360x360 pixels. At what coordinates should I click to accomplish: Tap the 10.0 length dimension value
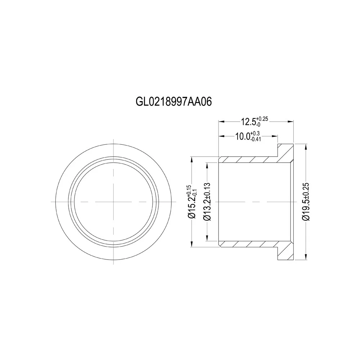pos(242,137)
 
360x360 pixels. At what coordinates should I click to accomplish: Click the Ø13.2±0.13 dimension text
pos(207,202)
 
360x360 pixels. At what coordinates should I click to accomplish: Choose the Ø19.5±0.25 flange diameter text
pos(306,202)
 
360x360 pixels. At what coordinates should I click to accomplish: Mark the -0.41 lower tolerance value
pos(256,140)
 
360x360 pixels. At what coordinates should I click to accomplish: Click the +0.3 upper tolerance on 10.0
pos(256,134)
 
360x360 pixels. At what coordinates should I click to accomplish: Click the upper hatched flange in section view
pos(285,151)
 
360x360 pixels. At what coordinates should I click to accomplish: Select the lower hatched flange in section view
pos(285,253)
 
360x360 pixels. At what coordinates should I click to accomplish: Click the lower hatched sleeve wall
pos(248,244)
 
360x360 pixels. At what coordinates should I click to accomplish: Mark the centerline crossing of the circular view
pos(113,202)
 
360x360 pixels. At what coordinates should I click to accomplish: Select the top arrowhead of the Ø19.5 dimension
pos(306,145)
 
